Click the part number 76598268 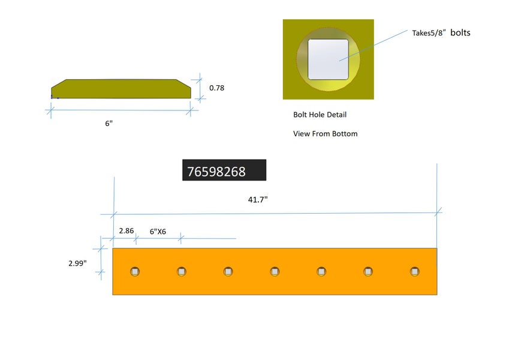[216, 172]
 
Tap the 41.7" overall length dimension [258, 199]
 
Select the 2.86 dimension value [127, 230]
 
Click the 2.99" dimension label [78, 263]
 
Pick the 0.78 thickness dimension [217, 88]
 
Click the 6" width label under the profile [109, 123]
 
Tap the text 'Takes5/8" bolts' [441, 33]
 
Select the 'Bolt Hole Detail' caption [320, 115]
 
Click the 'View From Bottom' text [325, 134]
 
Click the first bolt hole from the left [135, 272]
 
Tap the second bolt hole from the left [182, 272]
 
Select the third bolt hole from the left [228, 272]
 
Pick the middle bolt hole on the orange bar [275, 272]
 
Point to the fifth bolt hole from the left [321, 272]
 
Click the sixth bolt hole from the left [368, 272]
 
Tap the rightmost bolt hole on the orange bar [414, 272]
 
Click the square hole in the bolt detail [328, 59]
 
